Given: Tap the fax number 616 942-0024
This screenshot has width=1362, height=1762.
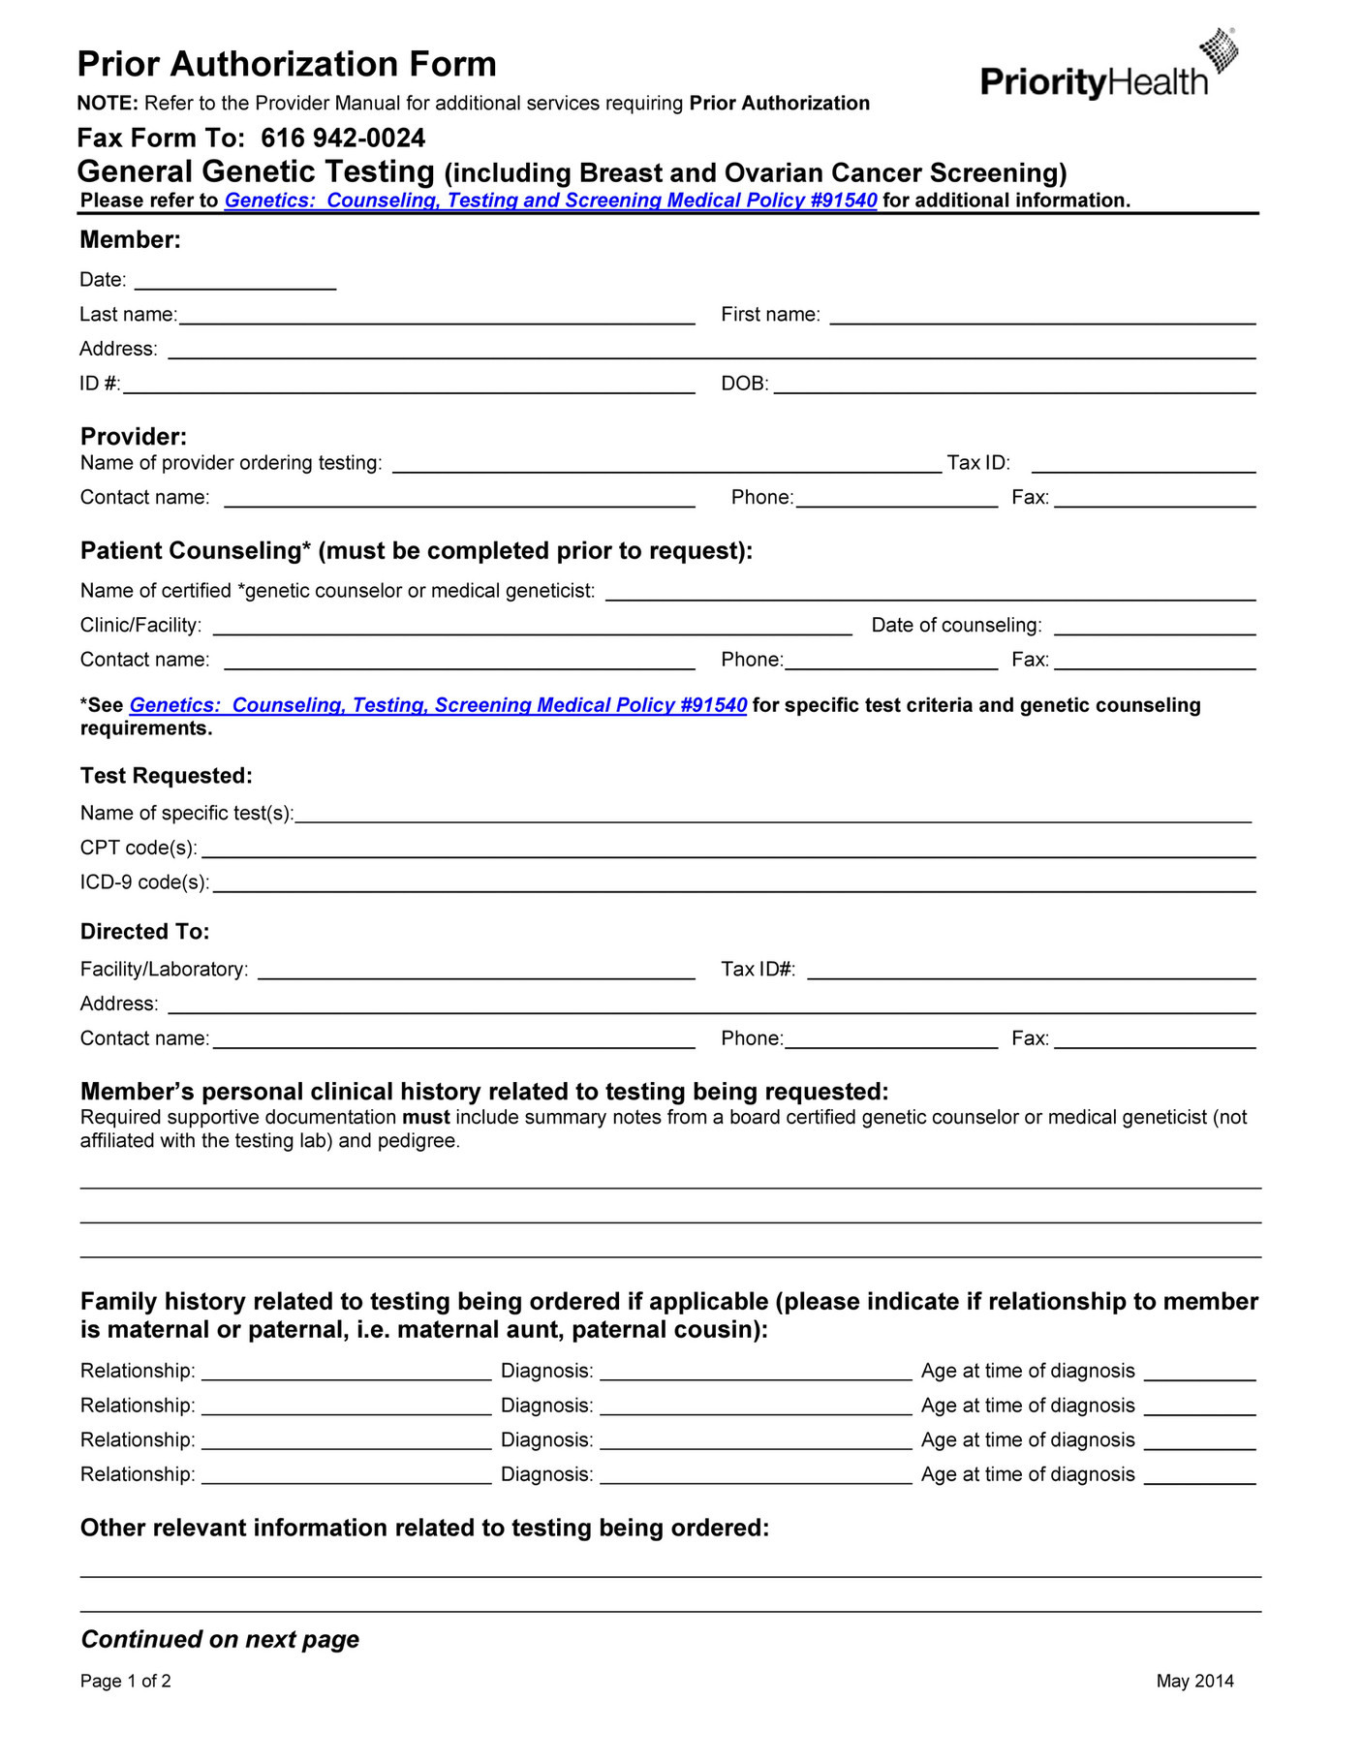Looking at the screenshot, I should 343,138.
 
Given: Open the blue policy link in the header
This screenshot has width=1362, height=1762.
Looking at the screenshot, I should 550,201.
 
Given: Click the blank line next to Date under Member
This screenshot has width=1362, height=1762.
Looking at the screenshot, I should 235,282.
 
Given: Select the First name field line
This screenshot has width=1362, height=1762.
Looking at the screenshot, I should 1042,316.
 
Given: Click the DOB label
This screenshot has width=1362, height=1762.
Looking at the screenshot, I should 744,385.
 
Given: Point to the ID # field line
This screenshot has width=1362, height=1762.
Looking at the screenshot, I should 408,386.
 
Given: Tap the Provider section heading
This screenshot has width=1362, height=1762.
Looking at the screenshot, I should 134,436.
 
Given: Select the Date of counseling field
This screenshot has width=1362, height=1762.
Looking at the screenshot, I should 1155,627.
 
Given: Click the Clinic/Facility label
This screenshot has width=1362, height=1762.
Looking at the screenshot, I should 140,626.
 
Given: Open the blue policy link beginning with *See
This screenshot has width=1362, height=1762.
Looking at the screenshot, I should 438,705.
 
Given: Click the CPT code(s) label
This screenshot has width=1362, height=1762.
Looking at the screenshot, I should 139,848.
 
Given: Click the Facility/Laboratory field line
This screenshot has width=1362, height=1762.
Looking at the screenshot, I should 476,971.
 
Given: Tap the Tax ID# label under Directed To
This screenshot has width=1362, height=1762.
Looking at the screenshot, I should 758,970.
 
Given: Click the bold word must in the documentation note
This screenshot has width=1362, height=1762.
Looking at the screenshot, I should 426,1118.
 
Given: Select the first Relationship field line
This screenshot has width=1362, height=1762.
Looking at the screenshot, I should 346,1372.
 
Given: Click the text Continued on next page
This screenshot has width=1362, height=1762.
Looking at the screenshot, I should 220,1639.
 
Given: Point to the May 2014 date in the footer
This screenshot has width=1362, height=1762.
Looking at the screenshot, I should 1194,1682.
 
